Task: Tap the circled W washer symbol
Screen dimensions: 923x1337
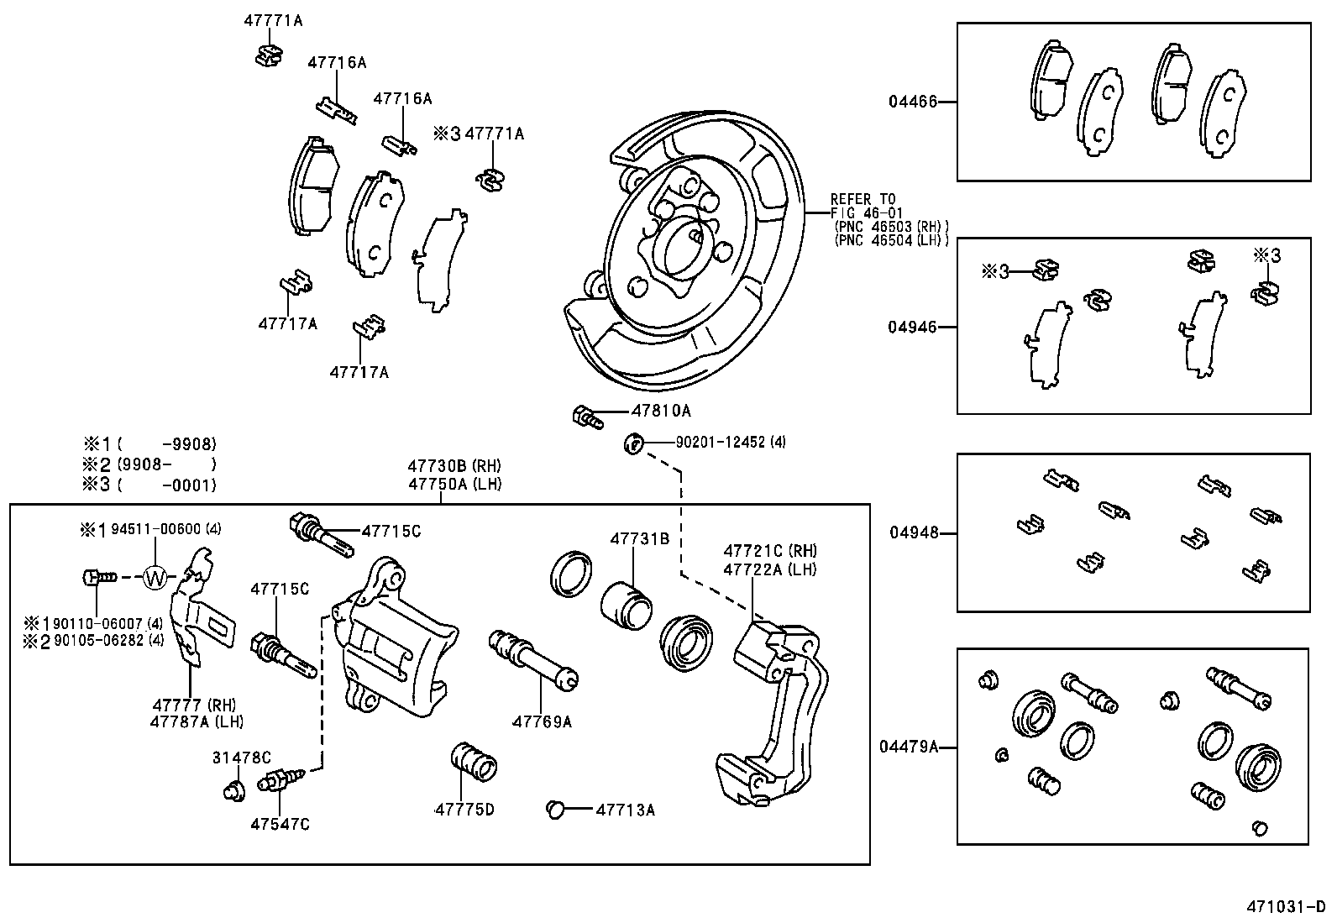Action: pos(155,577)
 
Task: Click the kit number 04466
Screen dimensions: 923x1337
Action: pos(913,102)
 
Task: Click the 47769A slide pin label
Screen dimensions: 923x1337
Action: pos(542,721)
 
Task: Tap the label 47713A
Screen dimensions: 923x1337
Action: pos(625,810)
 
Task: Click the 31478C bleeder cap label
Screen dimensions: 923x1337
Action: pos(241,758)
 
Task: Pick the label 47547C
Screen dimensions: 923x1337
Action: pos(279,825)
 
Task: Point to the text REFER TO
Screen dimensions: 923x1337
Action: pos(862,199)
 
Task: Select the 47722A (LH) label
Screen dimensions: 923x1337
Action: pos(769,569)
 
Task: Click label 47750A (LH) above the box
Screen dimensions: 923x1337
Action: pos(454,485)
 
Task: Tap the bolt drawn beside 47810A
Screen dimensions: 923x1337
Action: pos(586,415)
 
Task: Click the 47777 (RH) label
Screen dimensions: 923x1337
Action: pos(194,705)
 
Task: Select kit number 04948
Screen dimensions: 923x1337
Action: pos(914,532)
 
